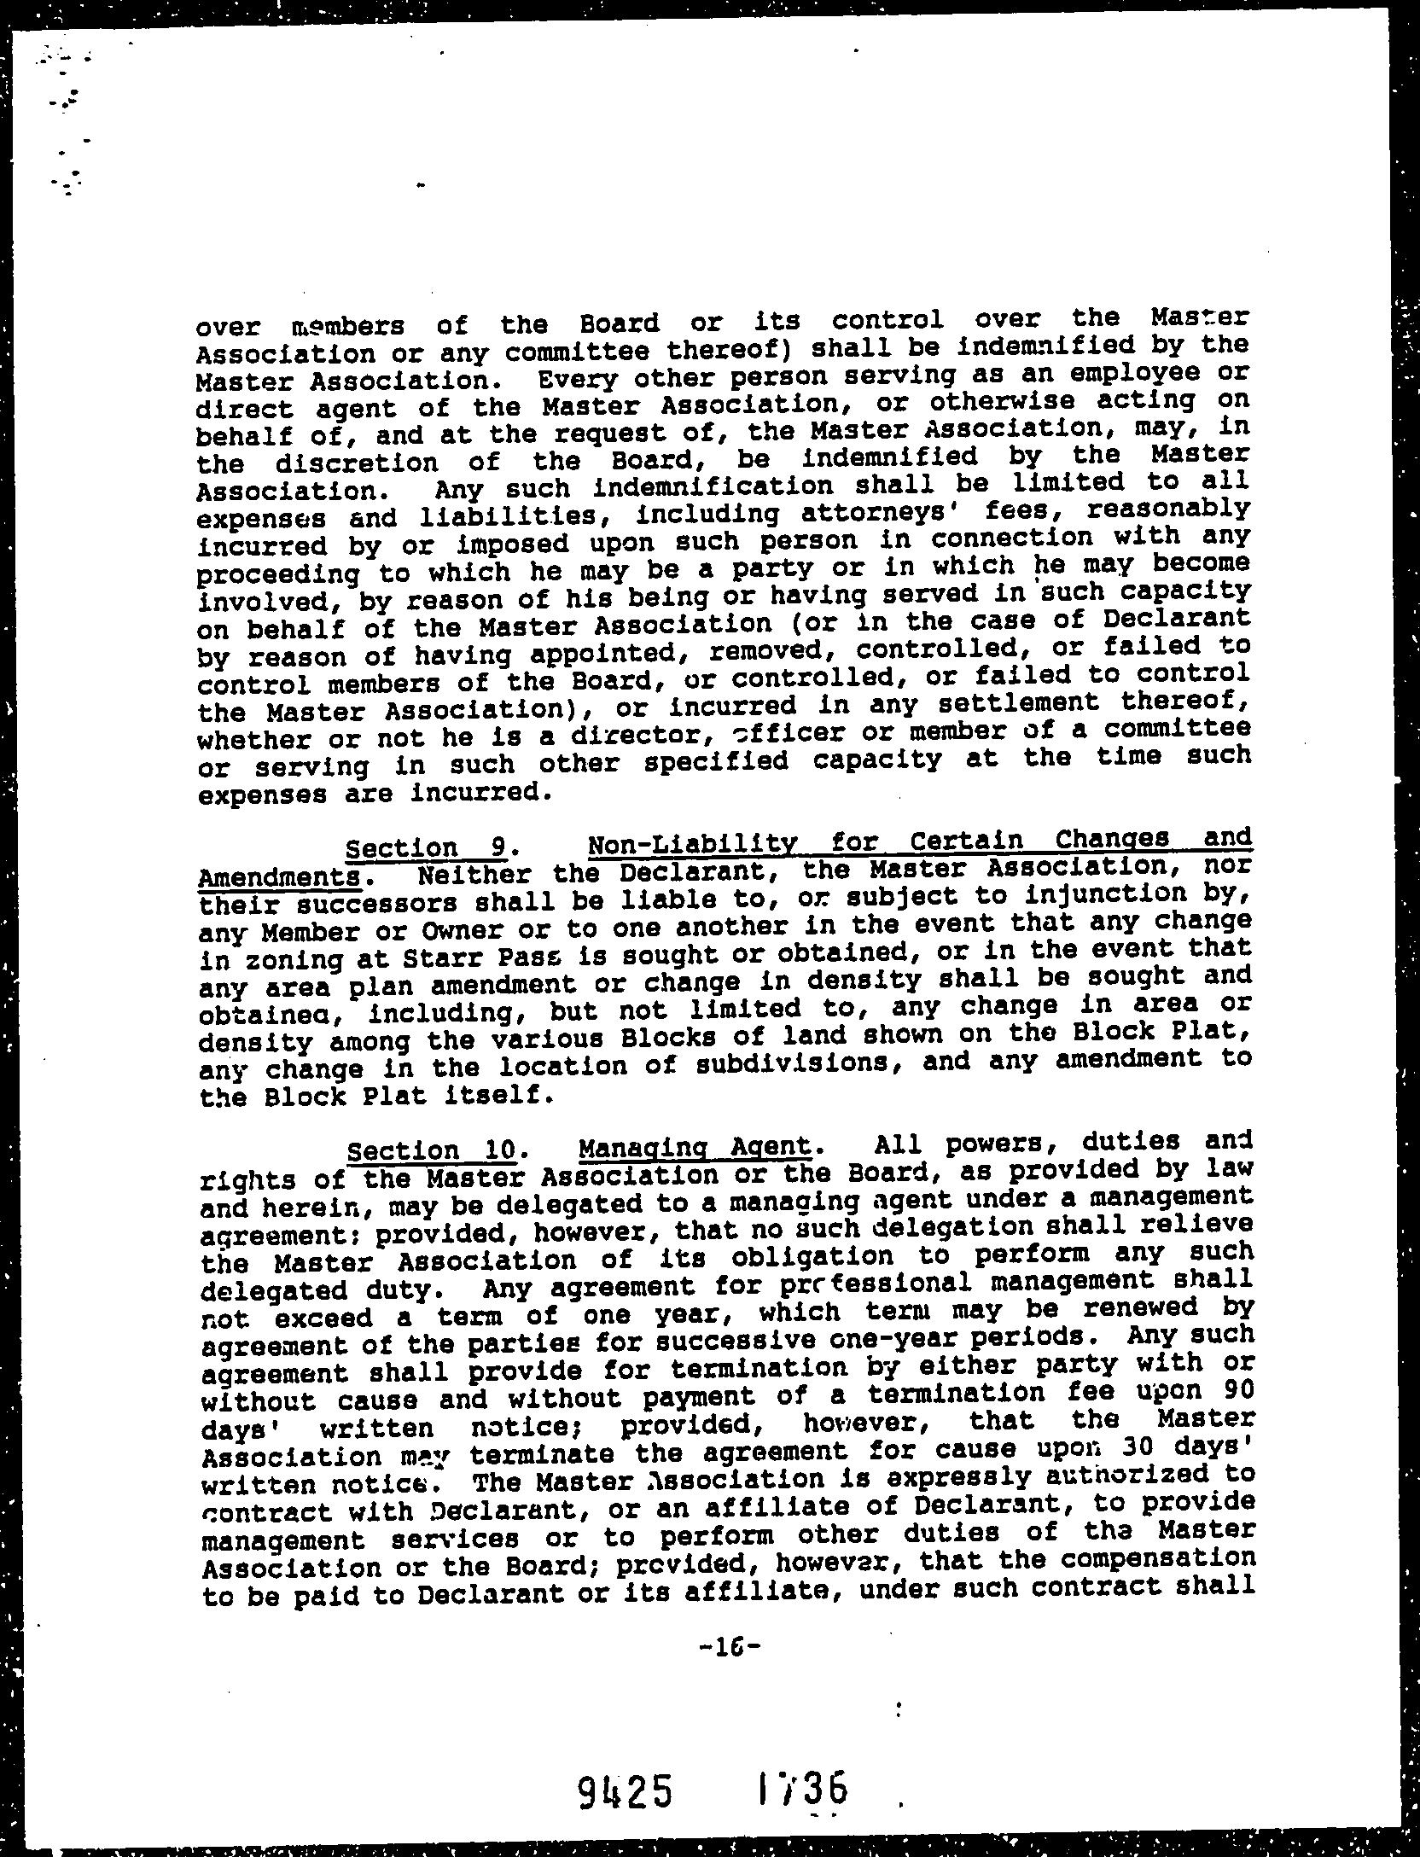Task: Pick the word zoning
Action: point(282,962)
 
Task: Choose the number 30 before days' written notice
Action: point(1136,1448)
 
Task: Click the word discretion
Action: point(369,463)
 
